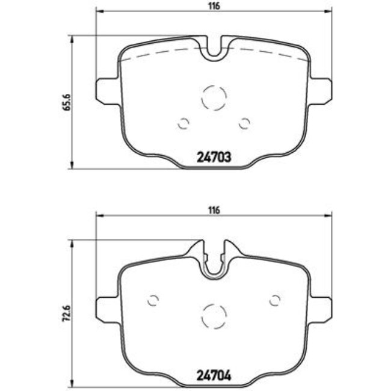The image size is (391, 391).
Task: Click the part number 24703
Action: coord(214,158)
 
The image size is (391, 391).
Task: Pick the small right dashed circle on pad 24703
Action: coord(244,123)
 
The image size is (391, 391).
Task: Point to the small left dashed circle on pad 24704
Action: coord(153,300)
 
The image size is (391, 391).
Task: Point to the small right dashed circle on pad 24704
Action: coord(275,300)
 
